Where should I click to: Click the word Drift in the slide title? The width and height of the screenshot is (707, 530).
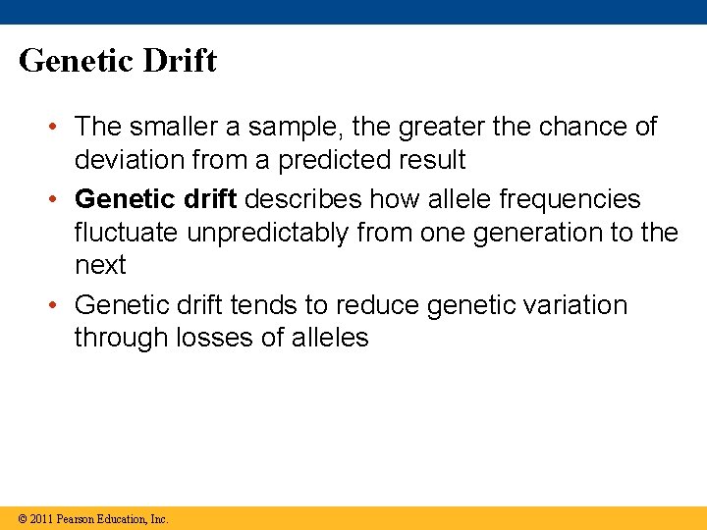click(180, 61)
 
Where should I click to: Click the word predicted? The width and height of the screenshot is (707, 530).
click(326, 159)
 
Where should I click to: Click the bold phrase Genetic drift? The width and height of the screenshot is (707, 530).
click(155, 199)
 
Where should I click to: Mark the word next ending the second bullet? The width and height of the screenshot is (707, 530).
click(100, 266)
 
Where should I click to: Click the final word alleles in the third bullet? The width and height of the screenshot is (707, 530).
click(330, 339)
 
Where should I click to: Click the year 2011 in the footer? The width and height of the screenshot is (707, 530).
click(41, 519)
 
